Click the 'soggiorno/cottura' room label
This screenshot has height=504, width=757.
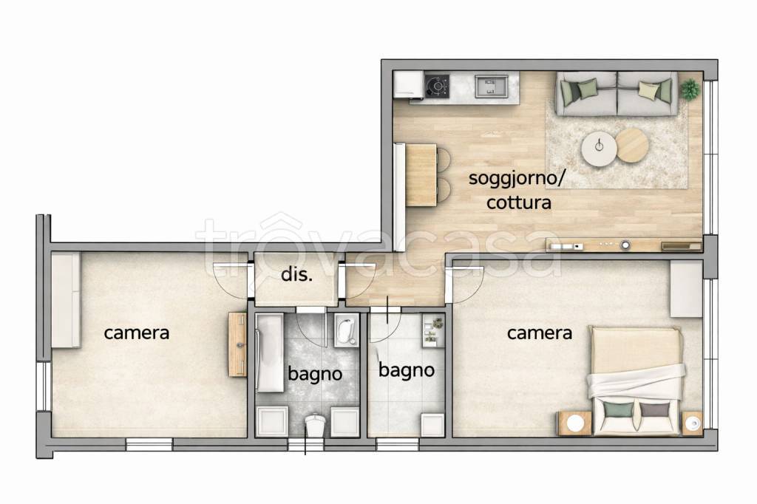(518, 190)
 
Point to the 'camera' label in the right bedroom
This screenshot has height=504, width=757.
(539, 333)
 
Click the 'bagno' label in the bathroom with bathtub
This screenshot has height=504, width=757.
(316, 374)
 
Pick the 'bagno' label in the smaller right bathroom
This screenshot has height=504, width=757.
(406, 370)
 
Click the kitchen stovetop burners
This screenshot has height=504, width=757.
(437, 86)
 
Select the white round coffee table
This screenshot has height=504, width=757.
(599, 151)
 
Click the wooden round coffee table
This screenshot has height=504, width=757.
(632, 145)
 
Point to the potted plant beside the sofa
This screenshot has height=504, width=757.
(690, 89)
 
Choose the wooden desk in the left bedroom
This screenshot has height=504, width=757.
(237, 344)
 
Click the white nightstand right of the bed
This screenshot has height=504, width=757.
(693, 423)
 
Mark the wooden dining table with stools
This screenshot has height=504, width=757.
(421, 174)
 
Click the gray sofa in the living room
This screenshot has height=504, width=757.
(617, 94)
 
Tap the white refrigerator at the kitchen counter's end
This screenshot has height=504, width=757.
(407, 84)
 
